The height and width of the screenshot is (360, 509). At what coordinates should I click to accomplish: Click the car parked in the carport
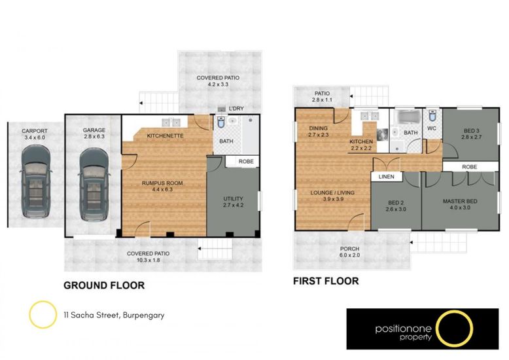point(36,181)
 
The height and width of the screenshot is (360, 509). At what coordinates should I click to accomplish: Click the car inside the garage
point(94,184)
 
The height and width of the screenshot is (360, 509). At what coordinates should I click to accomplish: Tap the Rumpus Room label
point(162,183)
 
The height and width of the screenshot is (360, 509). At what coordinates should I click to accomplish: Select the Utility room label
point(233,198)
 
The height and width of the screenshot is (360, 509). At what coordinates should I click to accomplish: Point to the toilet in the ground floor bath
point(221,122)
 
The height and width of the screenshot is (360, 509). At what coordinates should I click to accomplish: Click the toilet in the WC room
point(432,115)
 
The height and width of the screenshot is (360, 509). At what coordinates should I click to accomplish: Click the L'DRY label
point(236,109)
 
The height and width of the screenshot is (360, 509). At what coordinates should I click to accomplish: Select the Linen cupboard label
point(386,177)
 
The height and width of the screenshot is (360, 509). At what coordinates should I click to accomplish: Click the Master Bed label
point(460,201)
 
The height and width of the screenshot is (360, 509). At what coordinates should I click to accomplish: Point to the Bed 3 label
point(471,131)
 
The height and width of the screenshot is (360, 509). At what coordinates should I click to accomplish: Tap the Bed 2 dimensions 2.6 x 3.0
point(396,209)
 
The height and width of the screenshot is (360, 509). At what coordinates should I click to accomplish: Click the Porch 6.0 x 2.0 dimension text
point(349,255)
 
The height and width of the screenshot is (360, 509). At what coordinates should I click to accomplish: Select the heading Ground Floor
point(104,285)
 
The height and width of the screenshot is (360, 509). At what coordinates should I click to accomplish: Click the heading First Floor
point(326,281)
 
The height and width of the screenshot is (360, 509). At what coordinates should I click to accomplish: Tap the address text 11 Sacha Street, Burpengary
point(114,315)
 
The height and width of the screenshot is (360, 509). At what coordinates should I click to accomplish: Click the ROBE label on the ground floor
point(246,162)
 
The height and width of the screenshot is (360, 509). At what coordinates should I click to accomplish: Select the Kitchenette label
point(166,135)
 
